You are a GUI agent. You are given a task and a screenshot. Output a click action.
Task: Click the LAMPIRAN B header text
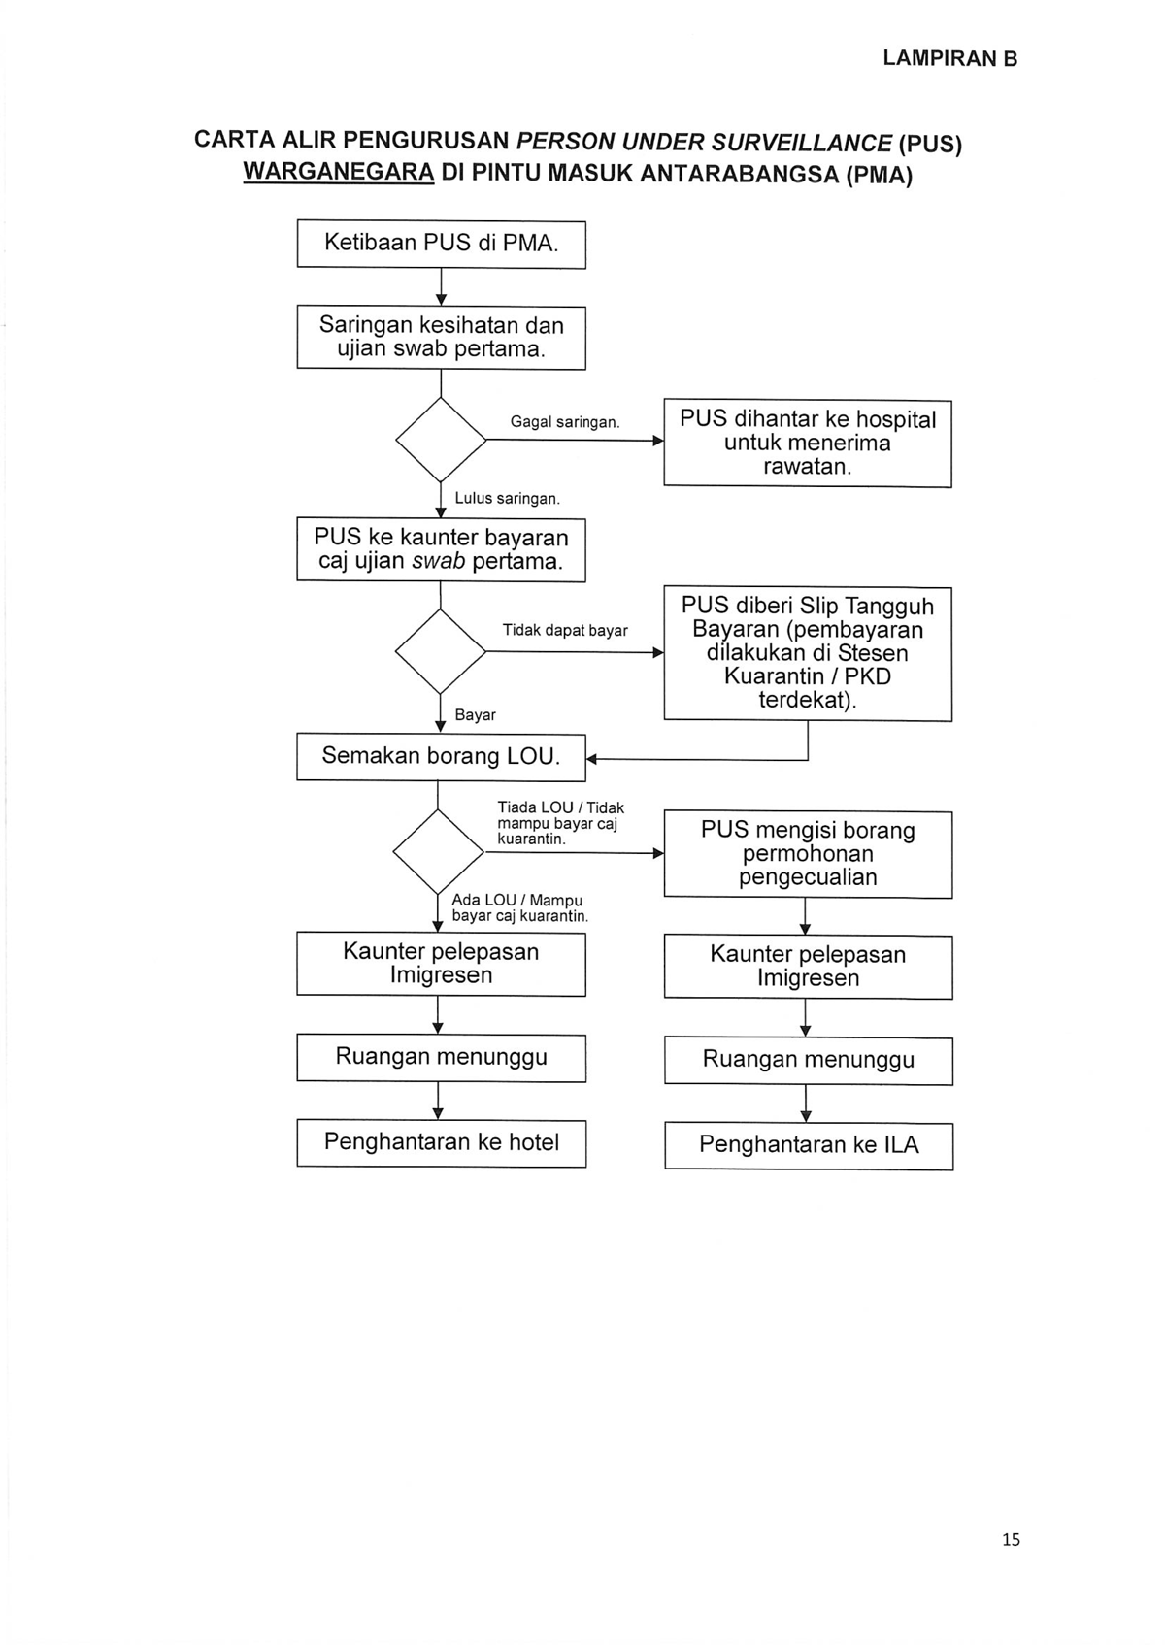(949, 59)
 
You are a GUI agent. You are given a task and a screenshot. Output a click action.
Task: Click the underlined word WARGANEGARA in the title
(339, 172)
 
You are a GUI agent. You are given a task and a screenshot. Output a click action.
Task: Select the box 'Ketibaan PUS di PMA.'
(441, 244)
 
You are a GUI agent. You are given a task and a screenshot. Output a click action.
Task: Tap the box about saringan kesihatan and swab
(441, 338)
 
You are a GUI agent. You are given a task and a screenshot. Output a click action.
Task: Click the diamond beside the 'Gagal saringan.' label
(441, 440)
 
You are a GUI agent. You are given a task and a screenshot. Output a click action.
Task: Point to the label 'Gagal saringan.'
(565, 422)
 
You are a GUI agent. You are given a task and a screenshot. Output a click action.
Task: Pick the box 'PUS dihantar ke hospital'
(807, 444)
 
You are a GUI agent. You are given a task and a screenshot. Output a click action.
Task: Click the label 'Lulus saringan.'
(507, 498)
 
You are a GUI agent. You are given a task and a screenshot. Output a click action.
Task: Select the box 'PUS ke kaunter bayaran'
(441, 549)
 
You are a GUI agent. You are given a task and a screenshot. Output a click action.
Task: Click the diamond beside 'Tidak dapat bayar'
(441, 651)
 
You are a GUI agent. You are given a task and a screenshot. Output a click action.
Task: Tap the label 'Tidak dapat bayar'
(565, 631)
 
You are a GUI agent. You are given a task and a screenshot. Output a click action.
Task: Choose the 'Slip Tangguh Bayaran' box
(808, 653)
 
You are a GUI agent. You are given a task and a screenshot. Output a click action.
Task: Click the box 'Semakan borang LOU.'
(441, 757)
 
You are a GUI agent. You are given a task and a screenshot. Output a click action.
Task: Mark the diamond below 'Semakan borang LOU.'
(438, 852)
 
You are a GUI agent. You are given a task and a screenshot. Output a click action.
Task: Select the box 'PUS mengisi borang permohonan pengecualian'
(808, 854)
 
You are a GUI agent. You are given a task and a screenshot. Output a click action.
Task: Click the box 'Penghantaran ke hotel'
(442, 1143)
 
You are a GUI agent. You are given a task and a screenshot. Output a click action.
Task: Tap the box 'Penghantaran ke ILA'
(809, 1146)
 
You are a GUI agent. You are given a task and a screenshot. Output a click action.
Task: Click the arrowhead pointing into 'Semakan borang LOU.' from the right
(591, 759)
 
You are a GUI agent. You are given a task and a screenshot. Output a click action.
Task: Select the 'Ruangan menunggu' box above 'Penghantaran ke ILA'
(809, 1061)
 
